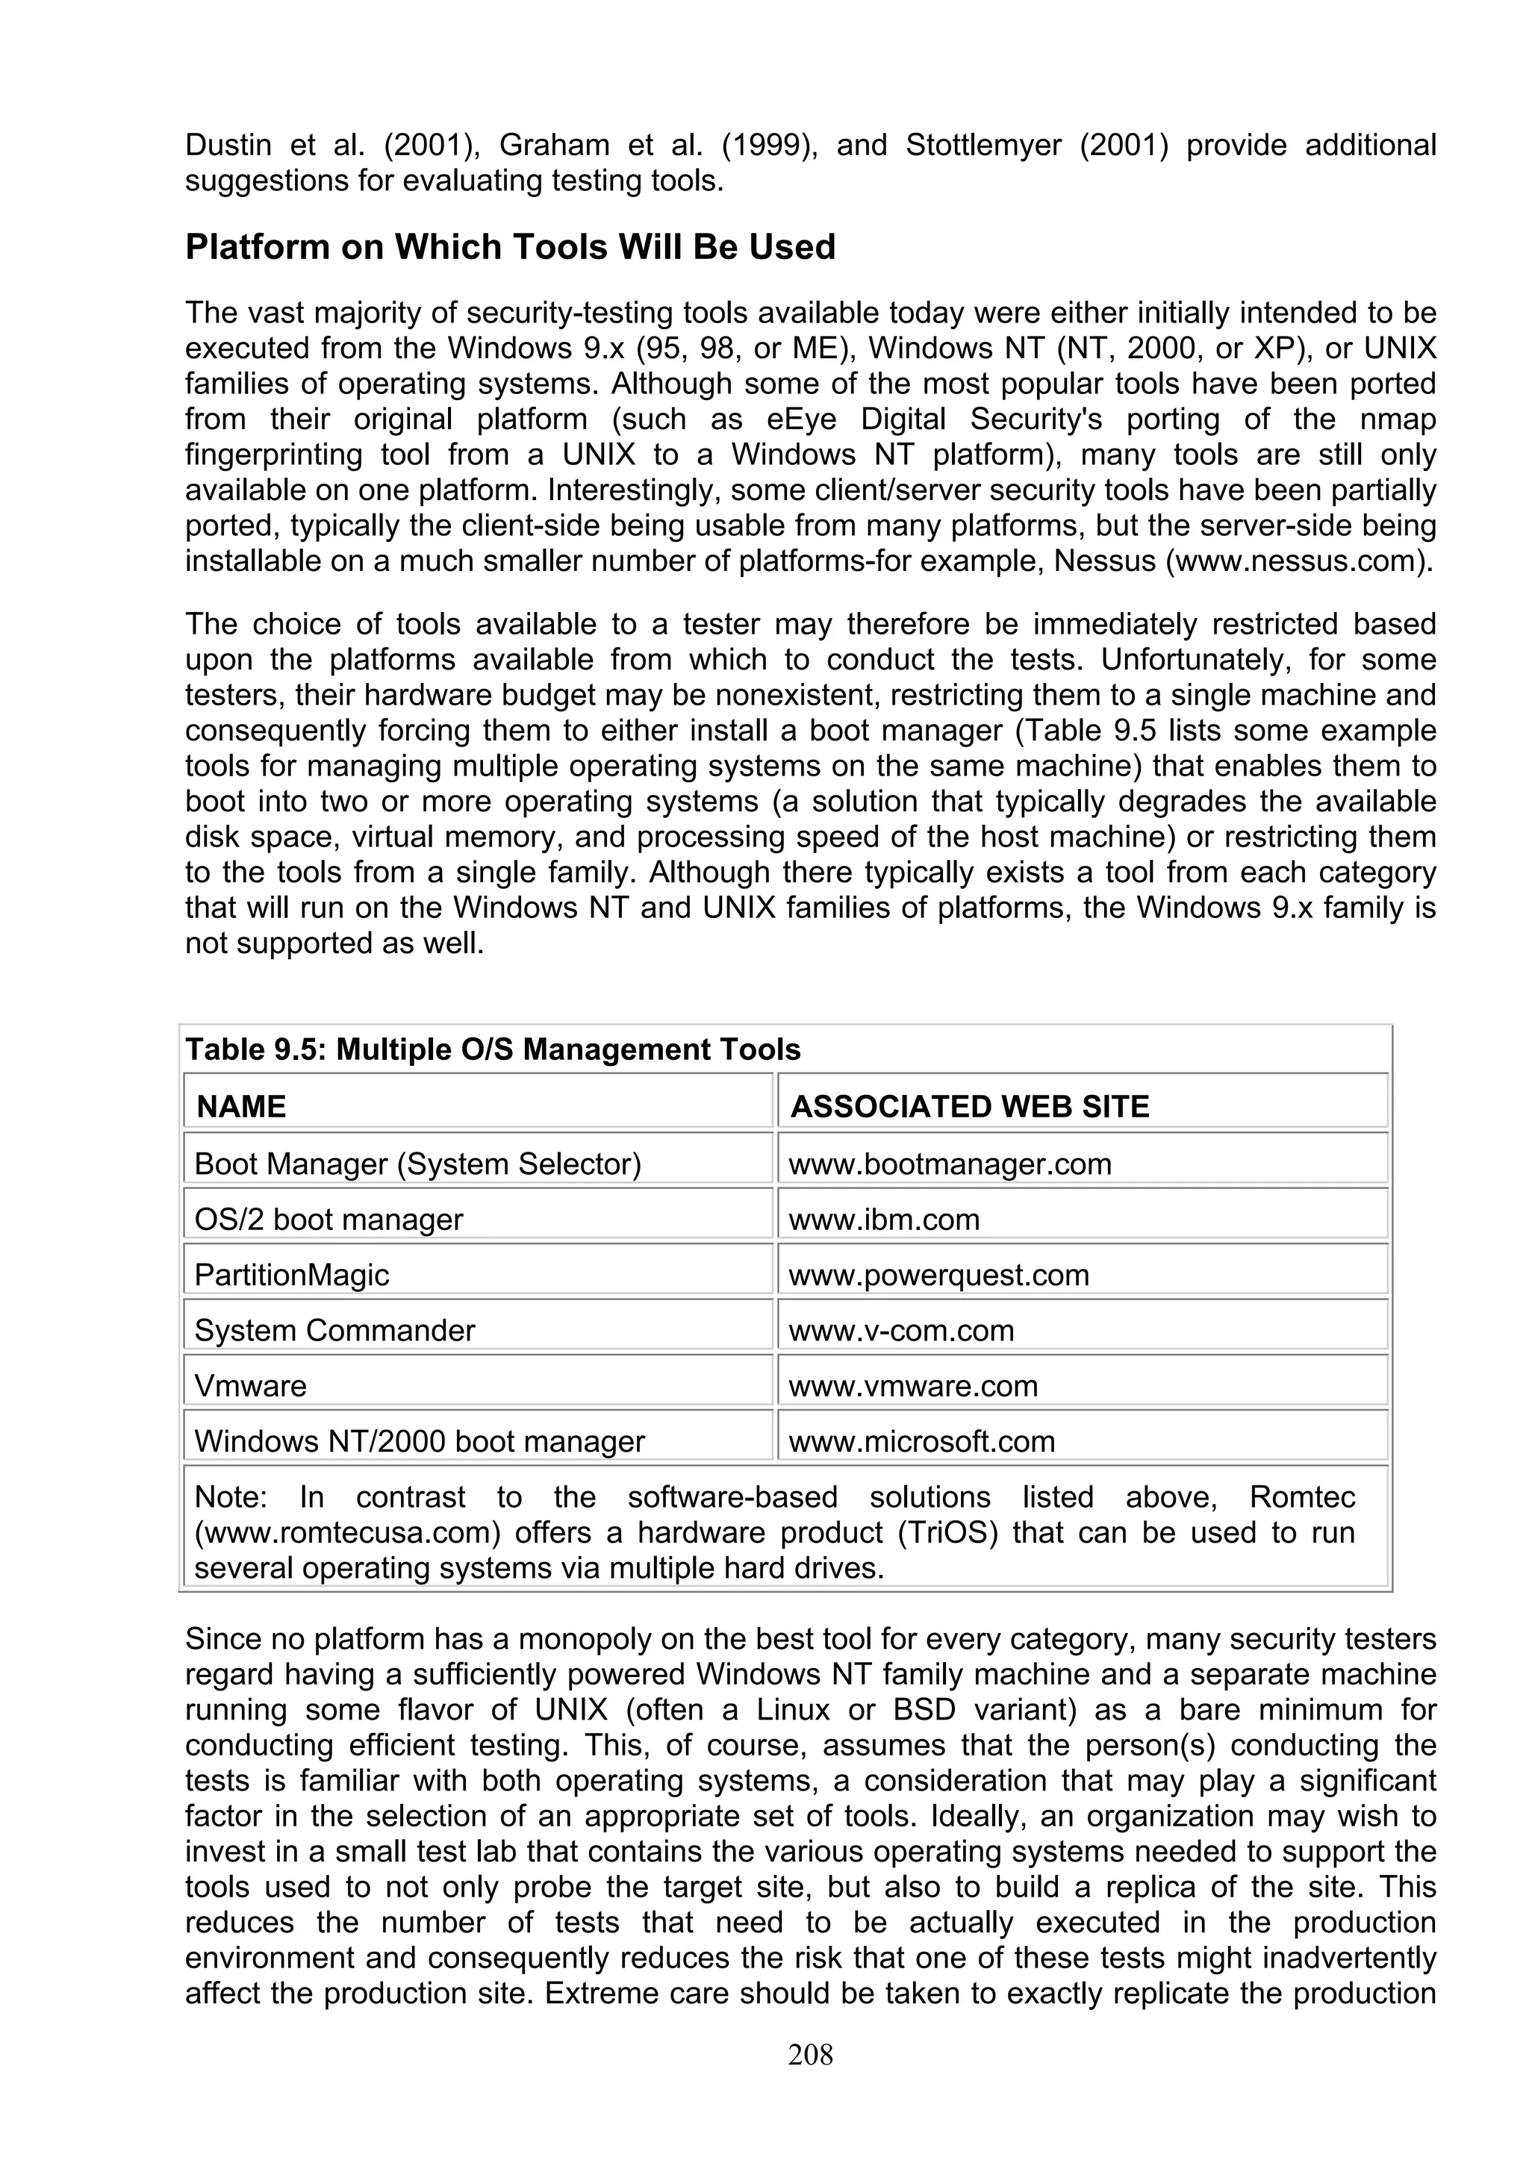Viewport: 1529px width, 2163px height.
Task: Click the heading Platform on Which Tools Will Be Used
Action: pos(510,247)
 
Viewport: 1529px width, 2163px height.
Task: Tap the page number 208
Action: pos(810,2054)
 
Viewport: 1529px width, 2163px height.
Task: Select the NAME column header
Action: pos(241,1106)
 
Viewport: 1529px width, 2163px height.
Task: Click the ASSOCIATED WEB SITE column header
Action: pos(969,1106)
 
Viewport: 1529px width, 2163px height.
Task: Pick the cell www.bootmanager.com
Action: pos(950,1164)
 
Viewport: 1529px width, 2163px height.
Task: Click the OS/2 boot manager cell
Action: pos(328,1220)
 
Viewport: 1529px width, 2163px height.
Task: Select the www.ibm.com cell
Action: pos(884,1220)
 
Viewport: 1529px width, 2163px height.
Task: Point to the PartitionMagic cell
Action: pos(291,1276)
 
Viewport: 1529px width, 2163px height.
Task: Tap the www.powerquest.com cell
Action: pos(938,1276)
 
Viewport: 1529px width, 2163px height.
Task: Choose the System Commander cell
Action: pos(334,1330)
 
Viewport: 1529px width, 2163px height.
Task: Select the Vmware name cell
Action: pos(251,1386)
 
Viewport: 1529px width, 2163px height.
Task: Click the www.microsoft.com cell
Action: pos(921,1441)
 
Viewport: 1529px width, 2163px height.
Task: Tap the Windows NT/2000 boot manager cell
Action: pos(420,1441)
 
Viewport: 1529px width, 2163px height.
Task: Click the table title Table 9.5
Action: pos(493,1049)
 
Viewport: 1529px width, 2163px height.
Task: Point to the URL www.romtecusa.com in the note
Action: pos(346,1533)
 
